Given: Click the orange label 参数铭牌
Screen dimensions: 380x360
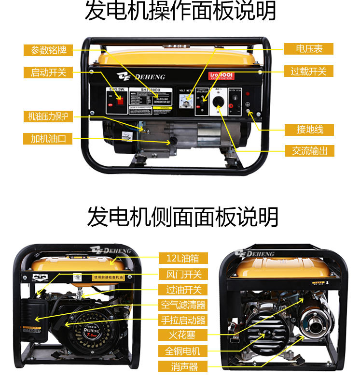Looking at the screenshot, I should [48, 50].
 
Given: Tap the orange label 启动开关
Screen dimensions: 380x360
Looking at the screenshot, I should [48, 73].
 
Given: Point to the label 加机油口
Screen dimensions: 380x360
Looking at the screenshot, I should [48, 139].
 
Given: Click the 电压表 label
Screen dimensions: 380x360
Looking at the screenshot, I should [309, 48].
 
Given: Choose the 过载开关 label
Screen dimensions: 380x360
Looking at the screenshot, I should [309, 71].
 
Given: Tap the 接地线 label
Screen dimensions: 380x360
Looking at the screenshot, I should [309, 130].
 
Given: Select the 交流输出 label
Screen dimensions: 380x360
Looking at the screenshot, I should [309, 151].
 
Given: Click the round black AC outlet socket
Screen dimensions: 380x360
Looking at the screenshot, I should [219, 101].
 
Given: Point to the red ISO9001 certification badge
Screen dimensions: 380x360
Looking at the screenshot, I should [222, 76].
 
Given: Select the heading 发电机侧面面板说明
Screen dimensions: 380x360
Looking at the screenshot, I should [182, 217].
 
